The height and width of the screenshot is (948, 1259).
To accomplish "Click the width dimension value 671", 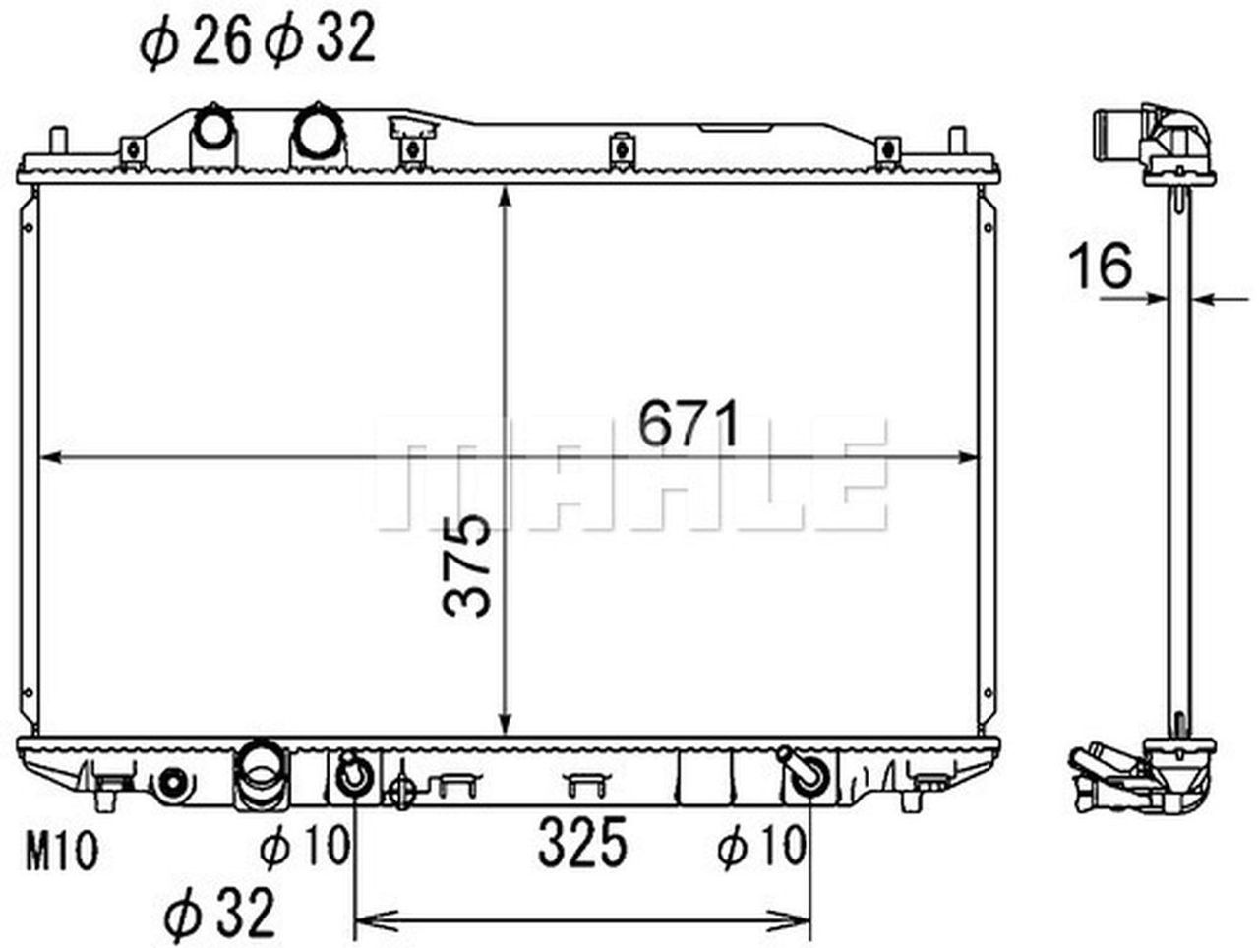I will point(688,425).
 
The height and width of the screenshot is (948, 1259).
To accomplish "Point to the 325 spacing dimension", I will point(582,844).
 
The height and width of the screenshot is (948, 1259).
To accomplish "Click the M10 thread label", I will point(61,852).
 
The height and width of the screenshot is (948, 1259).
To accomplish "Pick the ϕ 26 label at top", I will point(196,42).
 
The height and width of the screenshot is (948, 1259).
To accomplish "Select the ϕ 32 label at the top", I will point(319,41).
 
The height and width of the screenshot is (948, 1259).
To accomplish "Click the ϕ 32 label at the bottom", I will point(219,915).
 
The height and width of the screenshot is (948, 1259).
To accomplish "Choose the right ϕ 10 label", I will point(761,846).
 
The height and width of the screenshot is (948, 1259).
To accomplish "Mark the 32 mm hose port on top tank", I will point(318,132).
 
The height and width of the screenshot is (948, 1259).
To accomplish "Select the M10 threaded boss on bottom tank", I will point(172,783).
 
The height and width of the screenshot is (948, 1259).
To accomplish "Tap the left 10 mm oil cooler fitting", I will point(352,774).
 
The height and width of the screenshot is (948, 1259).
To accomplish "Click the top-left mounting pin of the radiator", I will point(61,141).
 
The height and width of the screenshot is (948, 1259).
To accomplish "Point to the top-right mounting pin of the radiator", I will point(955,140).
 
